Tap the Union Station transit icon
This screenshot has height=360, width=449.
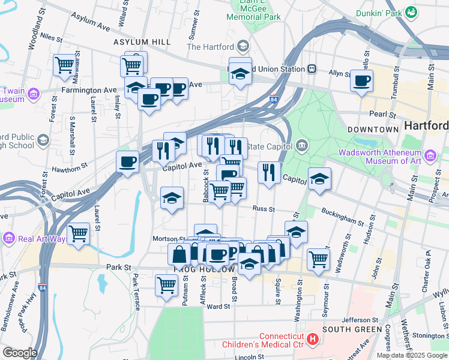[312, 68]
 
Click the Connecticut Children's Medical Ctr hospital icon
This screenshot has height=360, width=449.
[312, 340]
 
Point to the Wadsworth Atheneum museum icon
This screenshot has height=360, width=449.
[430, 157]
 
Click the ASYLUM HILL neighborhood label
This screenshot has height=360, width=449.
[142, 42]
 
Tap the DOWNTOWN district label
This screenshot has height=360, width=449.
[373, 129]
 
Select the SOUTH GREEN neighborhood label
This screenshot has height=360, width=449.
[351, 329]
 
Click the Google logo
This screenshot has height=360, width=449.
[19, 353]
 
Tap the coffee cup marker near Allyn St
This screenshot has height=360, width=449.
[361, 80]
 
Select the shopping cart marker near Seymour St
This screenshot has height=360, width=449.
[318, 259]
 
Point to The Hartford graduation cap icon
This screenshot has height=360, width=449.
[243, 46]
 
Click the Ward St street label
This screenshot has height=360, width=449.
[218, 307]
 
